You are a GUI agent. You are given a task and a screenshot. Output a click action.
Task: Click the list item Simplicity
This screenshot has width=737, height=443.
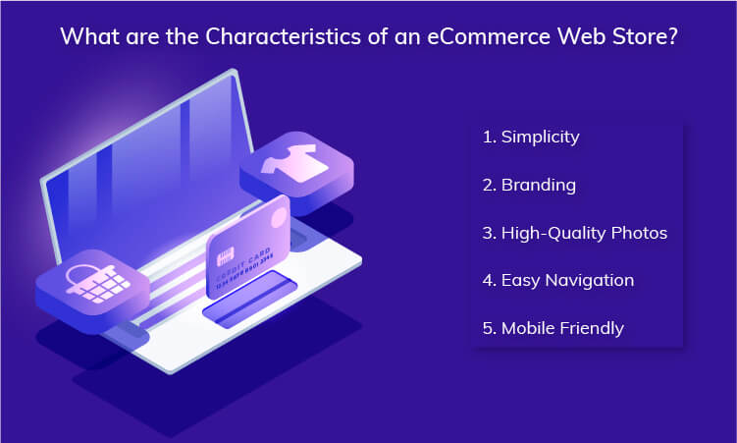pyautogui.click(x=540, y=137)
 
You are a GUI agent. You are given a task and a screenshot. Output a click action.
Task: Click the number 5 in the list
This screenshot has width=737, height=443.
pyautogui.click(x=488, y=327)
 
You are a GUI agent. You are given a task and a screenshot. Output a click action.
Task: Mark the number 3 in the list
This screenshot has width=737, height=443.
pyautogui.click(x=488, y=233)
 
